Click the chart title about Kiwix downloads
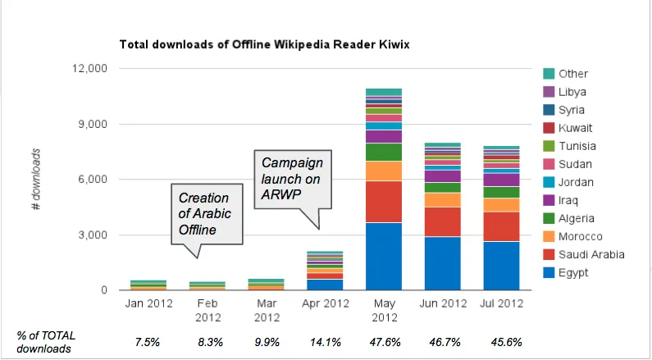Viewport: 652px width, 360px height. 264,43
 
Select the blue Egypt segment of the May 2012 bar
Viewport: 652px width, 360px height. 384,256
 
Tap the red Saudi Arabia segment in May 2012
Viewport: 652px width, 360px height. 384,201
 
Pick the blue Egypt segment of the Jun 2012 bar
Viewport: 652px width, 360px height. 441,262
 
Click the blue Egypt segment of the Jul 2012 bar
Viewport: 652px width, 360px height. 500,265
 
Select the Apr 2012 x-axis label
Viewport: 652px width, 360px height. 325,303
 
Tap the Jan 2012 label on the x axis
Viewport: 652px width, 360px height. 148,303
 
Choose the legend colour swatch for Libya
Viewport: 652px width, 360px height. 549,92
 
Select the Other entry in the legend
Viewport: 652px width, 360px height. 573,74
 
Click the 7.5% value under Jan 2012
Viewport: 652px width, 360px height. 148,342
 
